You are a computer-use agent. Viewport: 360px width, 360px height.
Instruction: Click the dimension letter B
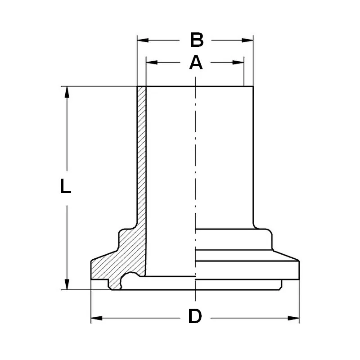click(x=196, y=40)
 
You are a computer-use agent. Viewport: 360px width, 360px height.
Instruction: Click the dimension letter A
click(x=195, y=63)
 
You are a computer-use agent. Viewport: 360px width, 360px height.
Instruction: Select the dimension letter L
click(x=66, y=186)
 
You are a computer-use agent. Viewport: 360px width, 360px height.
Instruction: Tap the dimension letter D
click(x=195, y=317)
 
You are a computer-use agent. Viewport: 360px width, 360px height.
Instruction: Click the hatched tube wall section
click(x=141, y=157)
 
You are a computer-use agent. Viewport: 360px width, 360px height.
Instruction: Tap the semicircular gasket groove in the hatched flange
click(x=131, y=277)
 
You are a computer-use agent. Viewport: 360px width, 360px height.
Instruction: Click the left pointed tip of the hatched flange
click(x=92, y=261)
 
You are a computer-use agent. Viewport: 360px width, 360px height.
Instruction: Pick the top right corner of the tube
click(x=253, y=86)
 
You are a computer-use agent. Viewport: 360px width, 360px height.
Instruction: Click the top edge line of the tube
click(x=198, y=86)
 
